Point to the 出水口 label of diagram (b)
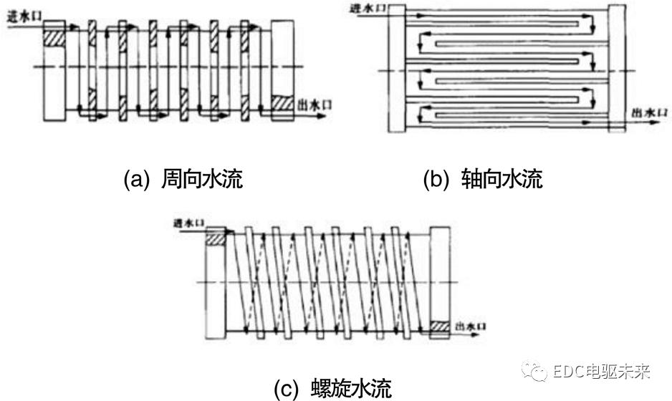coord(648,112)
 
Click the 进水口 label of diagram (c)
coord(188,224)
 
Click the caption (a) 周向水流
coord(183,178)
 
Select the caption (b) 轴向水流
coord(483,178)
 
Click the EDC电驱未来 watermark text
coord(602,372)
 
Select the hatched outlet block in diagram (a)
coord(283,104)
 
